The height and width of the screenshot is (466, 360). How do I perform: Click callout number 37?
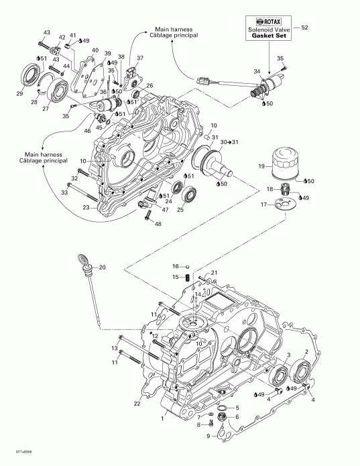[139, 58]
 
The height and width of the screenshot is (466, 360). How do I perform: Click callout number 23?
[86, 207]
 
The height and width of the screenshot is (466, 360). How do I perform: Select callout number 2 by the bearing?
[306, 351]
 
